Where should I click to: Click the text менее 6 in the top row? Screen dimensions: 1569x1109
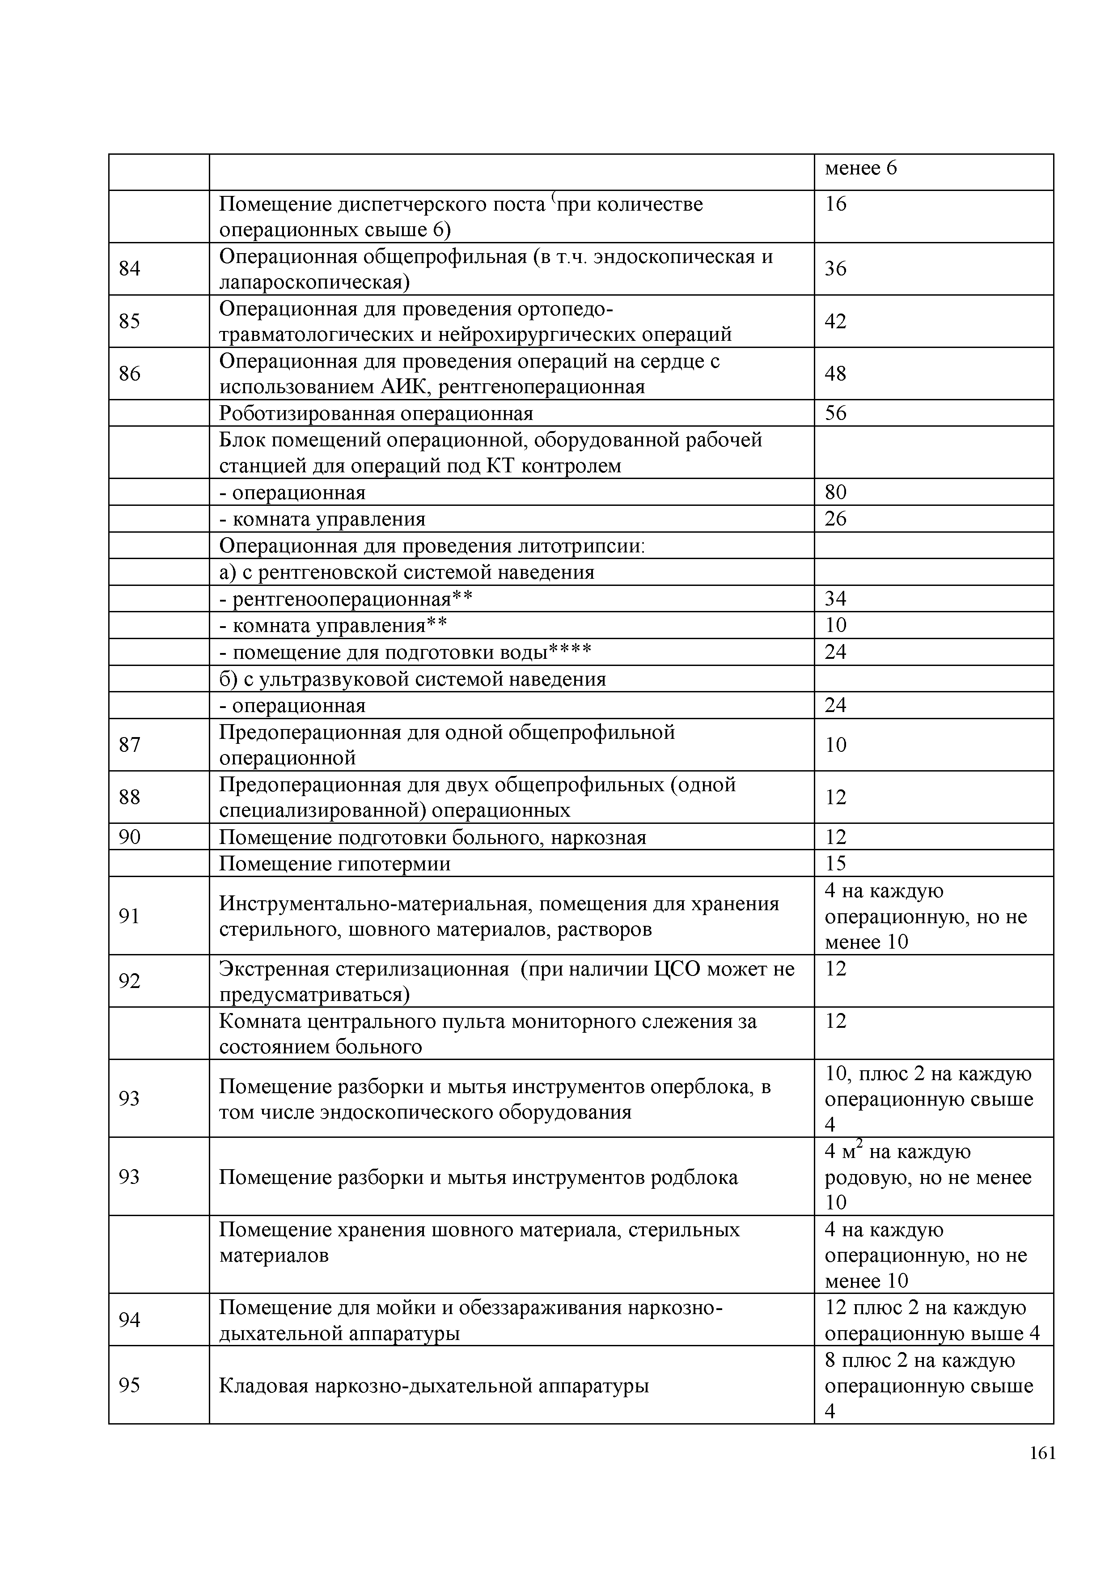(x=860, y=168)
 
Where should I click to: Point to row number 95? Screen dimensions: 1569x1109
(x=129, y=1384)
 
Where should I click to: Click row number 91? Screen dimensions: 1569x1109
(x=129, y=916)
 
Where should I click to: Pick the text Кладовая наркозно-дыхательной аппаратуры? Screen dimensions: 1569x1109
(x=433, y=1385)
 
